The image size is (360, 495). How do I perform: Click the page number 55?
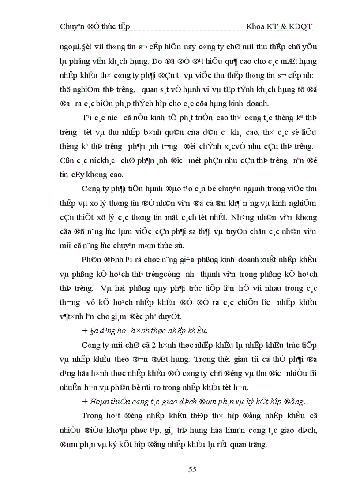[192, 469]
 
